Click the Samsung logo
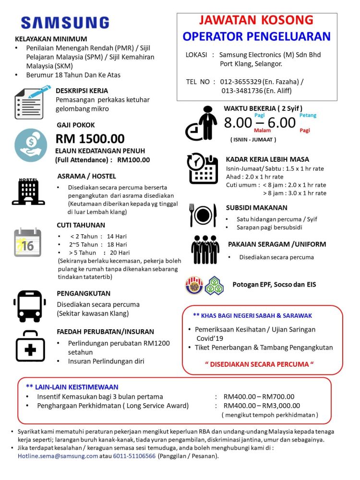click(x=65, y=23)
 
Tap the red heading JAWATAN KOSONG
click(x=256, y=21)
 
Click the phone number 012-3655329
click(x=241, y=82)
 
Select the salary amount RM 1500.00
click(x=90, y=139)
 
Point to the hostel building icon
click(x=28, y=192)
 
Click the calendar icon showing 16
click(x=28, y=242)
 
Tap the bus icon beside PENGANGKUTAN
click(x=30, y=306)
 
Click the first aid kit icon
click(x=30, y=346)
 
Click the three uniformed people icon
click(x=205, y=250)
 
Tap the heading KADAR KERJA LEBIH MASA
click(x=267, y=159)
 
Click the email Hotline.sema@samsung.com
click(x=58, y=456)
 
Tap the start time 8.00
click(x=238, y=123)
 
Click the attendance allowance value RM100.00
click(x=133, y=160)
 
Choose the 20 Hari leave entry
click(x=120, y=252)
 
